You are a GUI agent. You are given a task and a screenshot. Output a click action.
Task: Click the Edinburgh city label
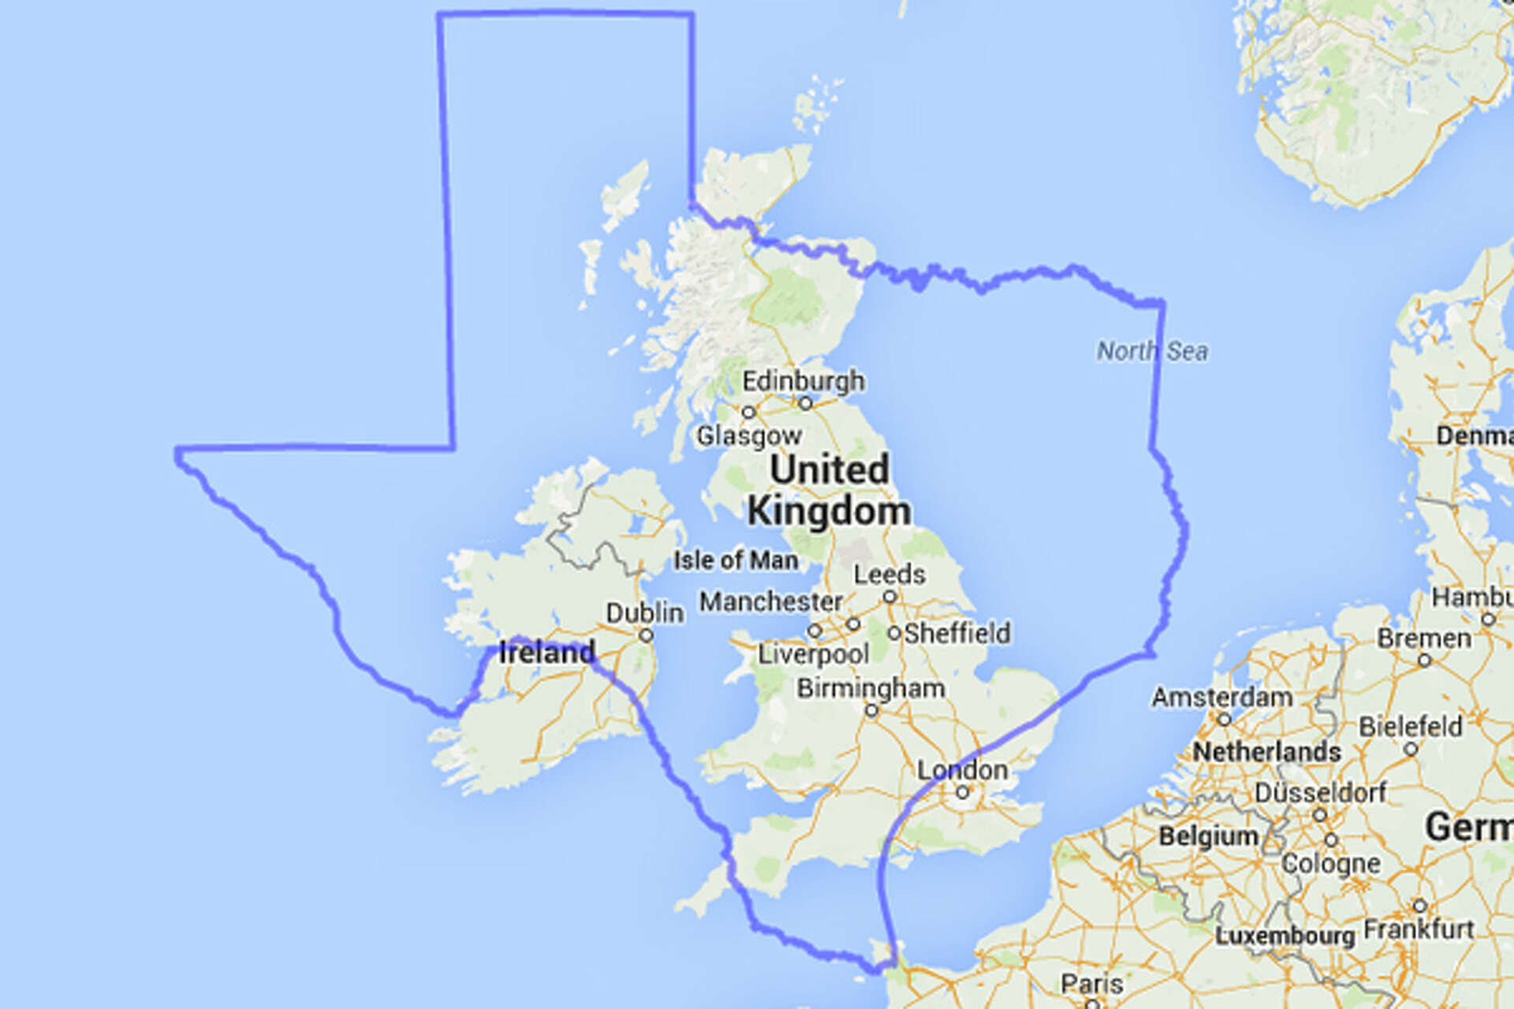click(803, 382)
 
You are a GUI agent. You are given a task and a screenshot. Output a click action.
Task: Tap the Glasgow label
click(748, 435)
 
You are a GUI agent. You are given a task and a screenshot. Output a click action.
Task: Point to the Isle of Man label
click(735, 560)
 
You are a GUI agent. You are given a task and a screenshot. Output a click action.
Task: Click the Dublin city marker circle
click(647, 635)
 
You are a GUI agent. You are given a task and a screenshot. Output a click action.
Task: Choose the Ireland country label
click(546, 653)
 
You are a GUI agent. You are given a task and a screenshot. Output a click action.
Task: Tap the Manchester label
click(770, 602)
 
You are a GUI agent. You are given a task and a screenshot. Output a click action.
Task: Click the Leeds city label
click(889, 574)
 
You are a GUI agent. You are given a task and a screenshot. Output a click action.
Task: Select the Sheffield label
click(957, 633)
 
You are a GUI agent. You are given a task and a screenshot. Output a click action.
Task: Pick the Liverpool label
click(813, 653)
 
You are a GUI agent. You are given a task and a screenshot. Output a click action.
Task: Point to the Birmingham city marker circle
click(871, 710)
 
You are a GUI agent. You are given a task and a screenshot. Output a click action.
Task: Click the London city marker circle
click(962, 792)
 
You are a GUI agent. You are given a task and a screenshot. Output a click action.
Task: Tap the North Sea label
click(1152, 351)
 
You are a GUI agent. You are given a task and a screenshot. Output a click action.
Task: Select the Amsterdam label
click(1221, 697)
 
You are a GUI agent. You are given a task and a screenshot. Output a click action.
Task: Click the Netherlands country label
click(1266, 751)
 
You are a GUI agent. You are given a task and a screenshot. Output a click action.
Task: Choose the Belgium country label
click(1208, 836)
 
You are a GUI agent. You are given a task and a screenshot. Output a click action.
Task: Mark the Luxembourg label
click(1285, 936)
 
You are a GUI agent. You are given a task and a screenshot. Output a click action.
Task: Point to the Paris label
click(1091, 983)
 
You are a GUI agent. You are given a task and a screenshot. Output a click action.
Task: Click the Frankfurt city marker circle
click(1419, 906)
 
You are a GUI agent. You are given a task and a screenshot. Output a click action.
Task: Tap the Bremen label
click(1424, 638)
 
